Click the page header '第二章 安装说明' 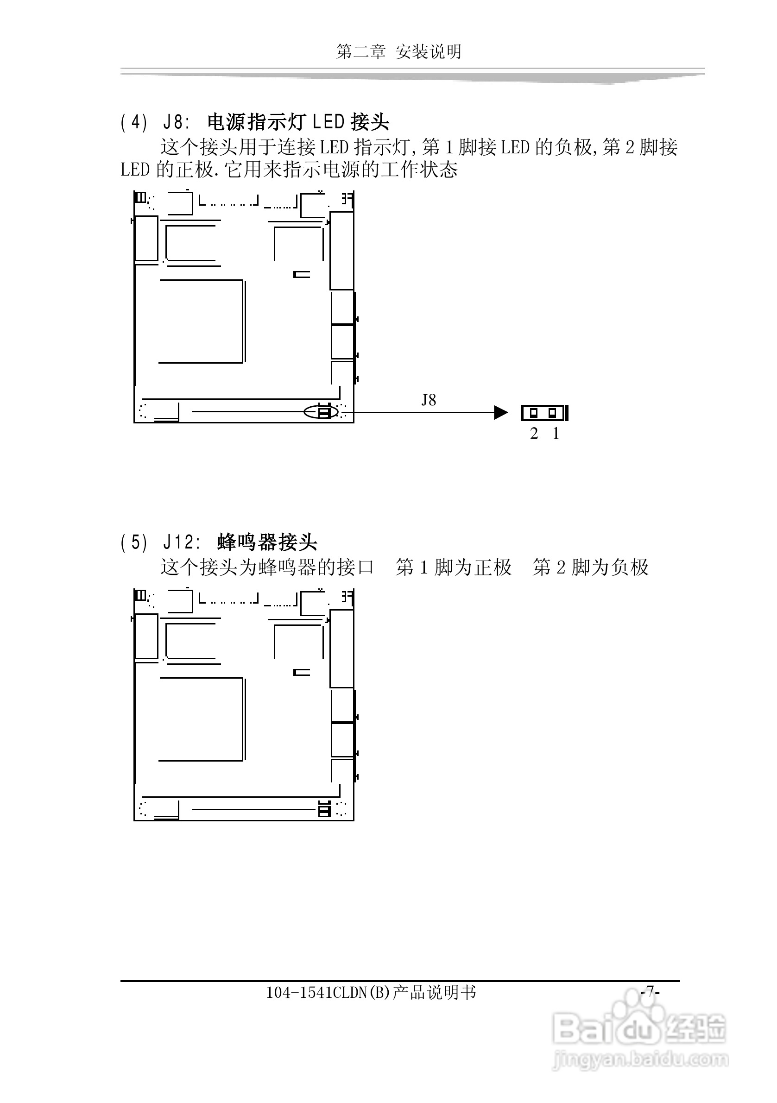[x=399, y=52]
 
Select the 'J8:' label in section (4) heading [x=177, y=123]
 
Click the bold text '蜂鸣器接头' [x=267, y=542]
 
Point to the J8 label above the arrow [x=429, y=400]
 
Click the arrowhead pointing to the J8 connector [x=501, y=413]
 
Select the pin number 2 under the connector [x=534, y=434]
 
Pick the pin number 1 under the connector [x=556, y=434]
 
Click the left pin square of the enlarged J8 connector [x=533, y=413]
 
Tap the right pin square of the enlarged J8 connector [x=552, y=413]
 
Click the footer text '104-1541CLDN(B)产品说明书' [x=371, y=993]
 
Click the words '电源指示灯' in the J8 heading [x=257, y=123]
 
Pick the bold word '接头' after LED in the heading [x=370, y=123]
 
